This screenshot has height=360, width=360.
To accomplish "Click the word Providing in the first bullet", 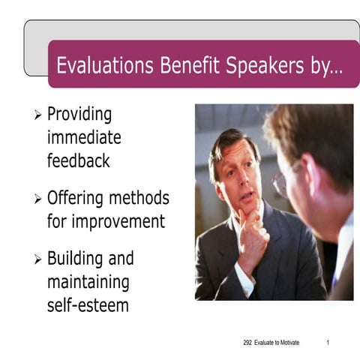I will coord(79,115).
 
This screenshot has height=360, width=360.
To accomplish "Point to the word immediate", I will coord(83,138).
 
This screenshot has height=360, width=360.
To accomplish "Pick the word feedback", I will coord(78,160).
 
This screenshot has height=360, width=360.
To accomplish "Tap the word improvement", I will coord(106,222).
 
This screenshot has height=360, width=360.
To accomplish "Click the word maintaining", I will coord(88,283).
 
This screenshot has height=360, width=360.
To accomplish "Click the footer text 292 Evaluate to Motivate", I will coord(271,343).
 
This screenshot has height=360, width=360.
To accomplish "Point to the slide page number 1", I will coord(328,343).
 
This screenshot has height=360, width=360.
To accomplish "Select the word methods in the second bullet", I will coord(141,199).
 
